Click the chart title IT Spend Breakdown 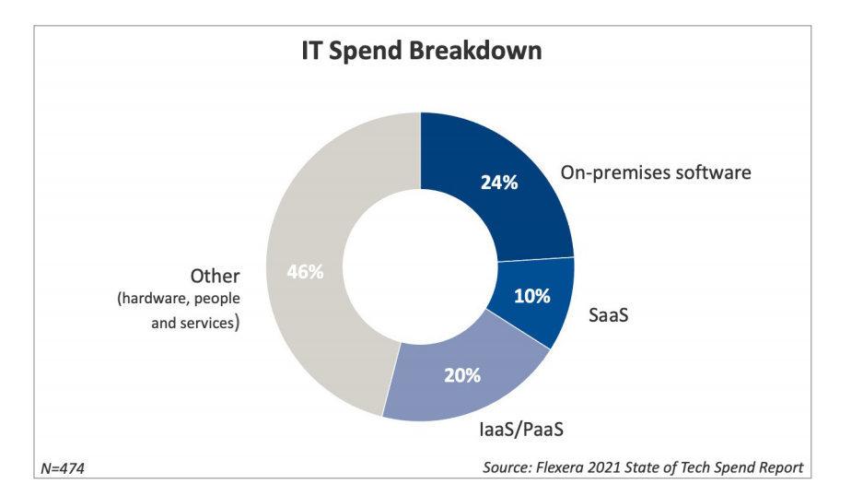click(x=422, y=52)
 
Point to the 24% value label click(x=499, y=182)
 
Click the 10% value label click(x=531, y=296)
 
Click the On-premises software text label click(x=656, y=172)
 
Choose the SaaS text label click(x=609, y=316)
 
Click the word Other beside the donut click(x=215, y=276)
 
